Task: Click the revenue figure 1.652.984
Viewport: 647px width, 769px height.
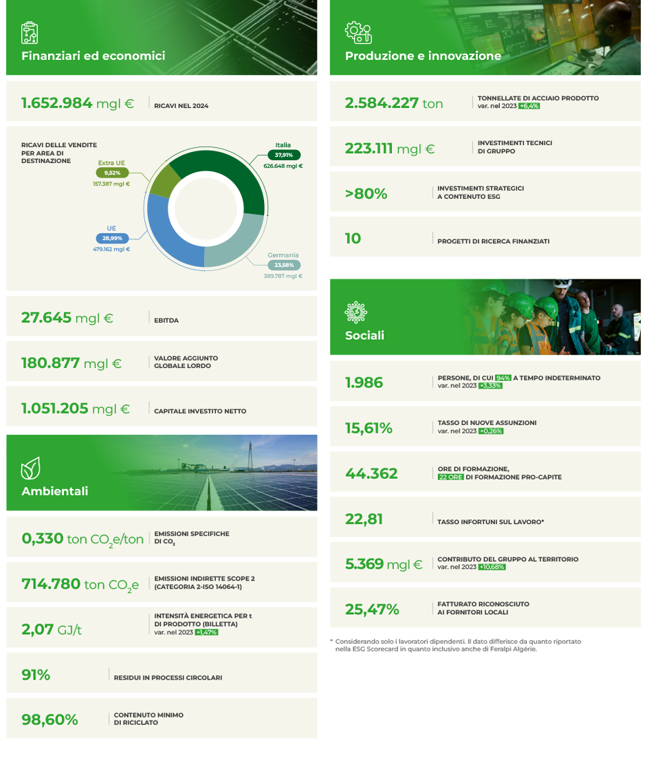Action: pyautogui.click(x=57, y=103)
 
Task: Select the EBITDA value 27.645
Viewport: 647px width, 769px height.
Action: pyautogui.click(x=46, y=318)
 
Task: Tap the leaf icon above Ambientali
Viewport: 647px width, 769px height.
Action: pyautogui.click(x=30, y=470)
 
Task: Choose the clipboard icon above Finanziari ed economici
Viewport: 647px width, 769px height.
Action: pyautogui.click(x=30, y=33)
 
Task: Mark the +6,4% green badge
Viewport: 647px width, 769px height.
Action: pyautogui.click(x=529, y=107)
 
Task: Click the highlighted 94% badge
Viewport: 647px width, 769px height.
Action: pyautogui.click(x=503, y=378)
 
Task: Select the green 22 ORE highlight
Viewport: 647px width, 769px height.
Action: pyautogui.click(x=450, y=477)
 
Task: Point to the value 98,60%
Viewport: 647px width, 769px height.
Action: pyautogui.click(x=50, y=719)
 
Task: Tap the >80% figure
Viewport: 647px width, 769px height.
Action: pyautogui.click(x=366, y=194)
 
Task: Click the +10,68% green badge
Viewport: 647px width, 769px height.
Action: pyautogui.click(x=492, y=567)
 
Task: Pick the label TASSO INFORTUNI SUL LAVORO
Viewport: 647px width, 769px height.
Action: pyautogui.click(x=490, y=522)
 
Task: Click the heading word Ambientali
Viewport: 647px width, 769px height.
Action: pyautogui.click(x=55, y=491)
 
